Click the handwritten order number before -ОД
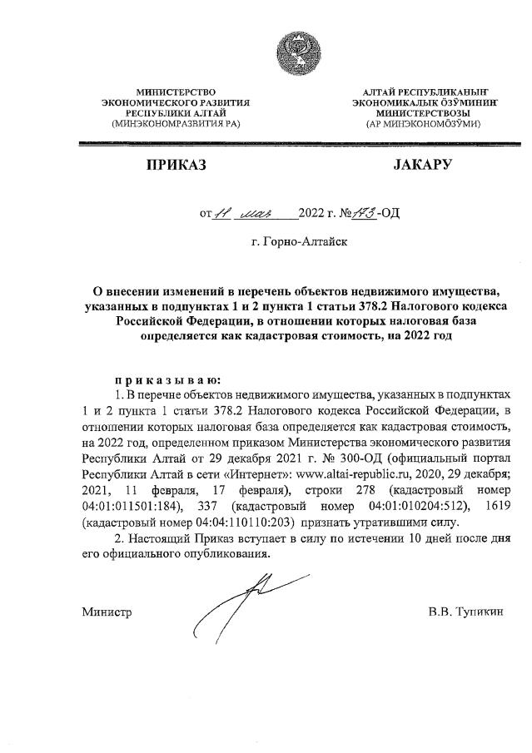click(x=363, y=213)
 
